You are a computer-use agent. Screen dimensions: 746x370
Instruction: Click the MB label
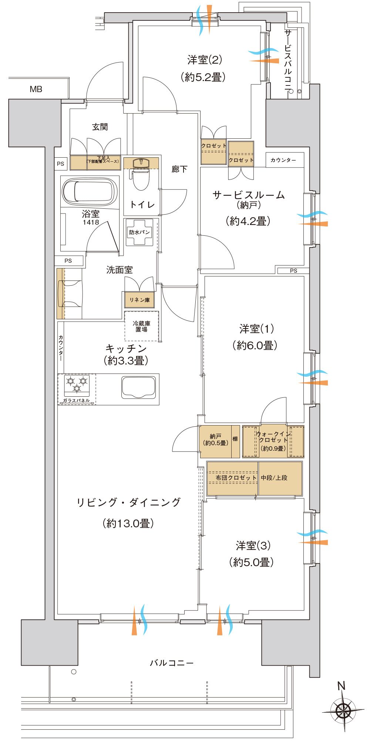pos(36,89)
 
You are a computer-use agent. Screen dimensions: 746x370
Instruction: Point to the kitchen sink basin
pos(139,387)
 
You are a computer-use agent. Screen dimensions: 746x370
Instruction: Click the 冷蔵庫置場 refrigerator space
pos(142,326)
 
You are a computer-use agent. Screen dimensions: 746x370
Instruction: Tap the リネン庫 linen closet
pos(139,300)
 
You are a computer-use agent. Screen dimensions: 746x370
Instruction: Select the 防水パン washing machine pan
pos(140,232)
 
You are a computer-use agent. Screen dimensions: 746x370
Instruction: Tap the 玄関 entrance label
pos(100,127)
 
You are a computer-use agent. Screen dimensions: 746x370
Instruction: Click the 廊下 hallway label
pos(179,169)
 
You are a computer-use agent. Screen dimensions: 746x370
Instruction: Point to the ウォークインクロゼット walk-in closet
pos(273,441)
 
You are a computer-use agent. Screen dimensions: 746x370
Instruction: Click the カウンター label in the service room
pos(283,160)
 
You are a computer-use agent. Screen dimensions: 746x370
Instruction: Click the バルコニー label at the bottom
pos(171,663)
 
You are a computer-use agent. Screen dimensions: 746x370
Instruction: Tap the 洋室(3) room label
pos(253,545)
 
